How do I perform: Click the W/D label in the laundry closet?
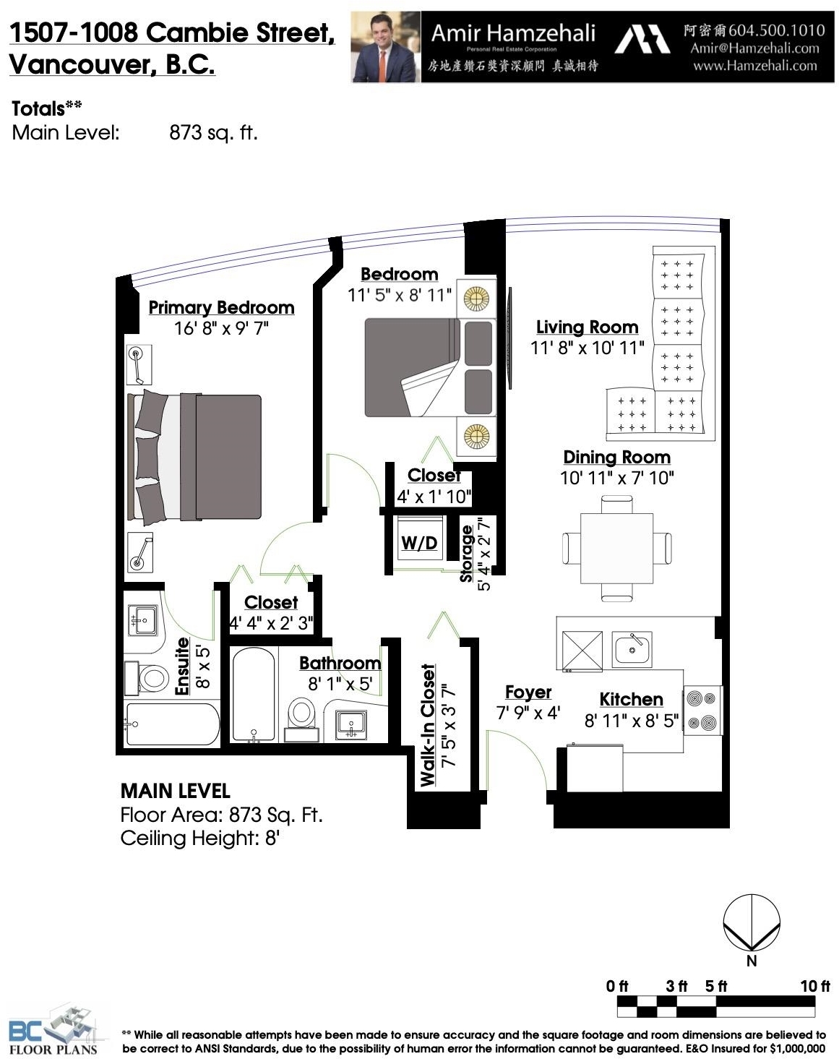419,543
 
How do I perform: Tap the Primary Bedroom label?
221,307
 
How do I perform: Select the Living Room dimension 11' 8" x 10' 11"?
587,348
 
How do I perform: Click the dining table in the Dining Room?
616,548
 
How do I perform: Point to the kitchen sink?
632,650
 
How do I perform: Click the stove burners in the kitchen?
702,711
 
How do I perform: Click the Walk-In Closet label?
428,725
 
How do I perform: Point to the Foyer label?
528,692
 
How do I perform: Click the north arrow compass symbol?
751,922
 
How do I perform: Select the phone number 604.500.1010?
777,30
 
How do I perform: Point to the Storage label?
466,554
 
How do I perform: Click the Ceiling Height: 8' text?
199,838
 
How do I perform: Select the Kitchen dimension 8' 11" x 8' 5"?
632,721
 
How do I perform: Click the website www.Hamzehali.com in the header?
755,66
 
